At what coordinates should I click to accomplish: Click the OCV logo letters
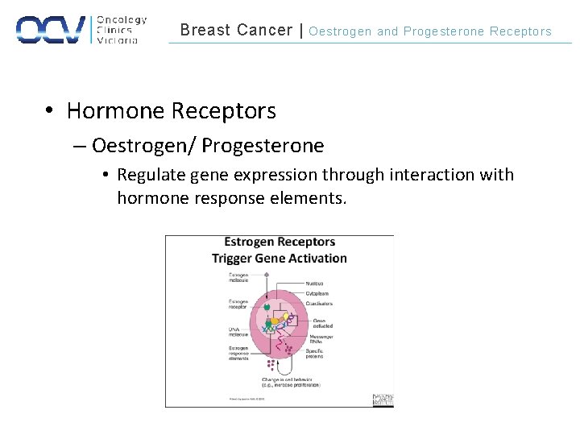[x=52, y=30]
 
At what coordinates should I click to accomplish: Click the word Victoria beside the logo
[x=117, y=40]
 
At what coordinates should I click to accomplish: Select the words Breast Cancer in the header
[x=236, y=31]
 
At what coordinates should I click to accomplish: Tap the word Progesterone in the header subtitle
[x=444, y=31]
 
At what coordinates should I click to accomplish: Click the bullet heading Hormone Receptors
[x=171, y=110]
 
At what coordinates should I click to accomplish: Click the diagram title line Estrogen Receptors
[x=280, y=242]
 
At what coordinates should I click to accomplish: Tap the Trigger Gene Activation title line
[x=280, y=259]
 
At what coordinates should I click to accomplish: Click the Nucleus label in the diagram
[x=316, y=284]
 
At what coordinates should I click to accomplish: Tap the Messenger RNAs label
[x=320, y=338]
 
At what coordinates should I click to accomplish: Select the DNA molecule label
[x=238, y=331]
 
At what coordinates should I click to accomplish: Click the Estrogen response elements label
[x=238, y=353]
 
